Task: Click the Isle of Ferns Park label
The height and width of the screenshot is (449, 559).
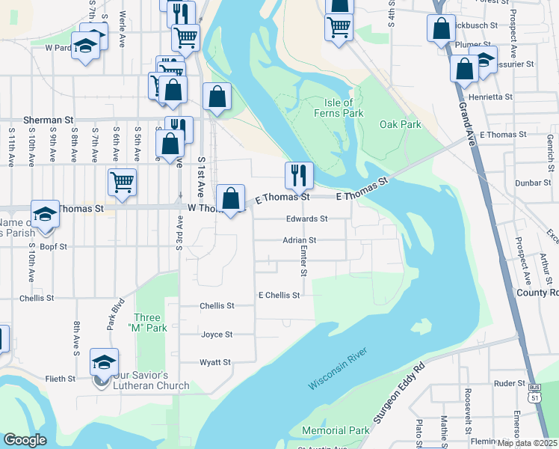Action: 344,108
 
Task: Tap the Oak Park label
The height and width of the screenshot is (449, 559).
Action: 400,124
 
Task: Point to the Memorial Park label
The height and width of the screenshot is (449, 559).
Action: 336,430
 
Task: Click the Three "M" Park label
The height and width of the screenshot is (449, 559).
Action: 146,323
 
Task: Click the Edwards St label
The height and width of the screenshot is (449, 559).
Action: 307,219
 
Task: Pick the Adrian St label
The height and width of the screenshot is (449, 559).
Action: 300,240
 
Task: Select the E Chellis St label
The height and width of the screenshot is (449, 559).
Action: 279,295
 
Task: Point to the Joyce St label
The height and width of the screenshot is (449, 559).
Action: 217,335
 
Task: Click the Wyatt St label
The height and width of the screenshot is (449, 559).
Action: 215,362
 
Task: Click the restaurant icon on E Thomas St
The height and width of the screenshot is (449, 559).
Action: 299,175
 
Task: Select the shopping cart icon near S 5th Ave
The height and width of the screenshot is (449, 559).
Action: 122,180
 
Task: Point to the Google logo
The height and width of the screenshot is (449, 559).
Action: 25,440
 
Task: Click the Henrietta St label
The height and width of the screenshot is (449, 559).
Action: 490,97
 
